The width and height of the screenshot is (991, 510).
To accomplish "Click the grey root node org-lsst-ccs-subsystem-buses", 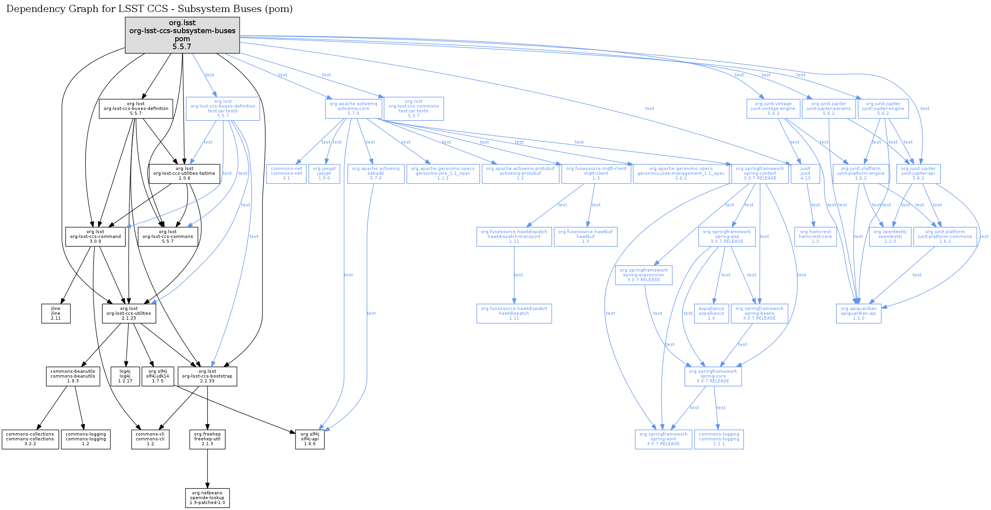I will coord(182,35).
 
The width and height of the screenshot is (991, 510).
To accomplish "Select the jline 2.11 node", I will coord(56,313).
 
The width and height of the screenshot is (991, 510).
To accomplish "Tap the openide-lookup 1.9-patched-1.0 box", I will coord(207,498).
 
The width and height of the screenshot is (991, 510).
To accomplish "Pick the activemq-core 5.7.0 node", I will coord(353,108).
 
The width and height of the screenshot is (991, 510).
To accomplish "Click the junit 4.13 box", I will coord(805,174).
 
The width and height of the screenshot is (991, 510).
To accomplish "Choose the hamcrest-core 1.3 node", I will coord(815,236).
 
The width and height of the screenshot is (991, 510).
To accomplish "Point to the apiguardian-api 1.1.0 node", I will coord(858,313).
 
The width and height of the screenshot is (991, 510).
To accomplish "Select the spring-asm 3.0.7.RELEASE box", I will coord(663,439).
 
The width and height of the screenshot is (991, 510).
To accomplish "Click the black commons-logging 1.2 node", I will coord(86,439).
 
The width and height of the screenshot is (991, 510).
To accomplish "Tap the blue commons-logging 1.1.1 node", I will coord(719,439).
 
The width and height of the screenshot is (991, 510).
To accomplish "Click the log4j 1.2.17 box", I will coord(125,376).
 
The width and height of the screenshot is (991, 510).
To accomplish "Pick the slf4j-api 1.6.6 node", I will coord(310,439).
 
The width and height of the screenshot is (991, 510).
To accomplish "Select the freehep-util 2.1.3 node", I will coord(207,439).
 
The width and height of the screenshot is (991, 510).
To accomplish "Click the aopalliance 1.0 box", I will coord(711,313).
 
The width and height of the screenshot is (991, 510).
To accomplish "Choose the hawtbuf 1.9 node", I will coord(585,236).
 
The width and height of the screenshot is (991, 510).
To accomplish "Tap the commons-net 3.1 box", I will coord(286,174).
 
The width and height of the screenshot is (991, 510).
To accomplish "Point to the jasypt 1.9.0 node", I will coord(324,174).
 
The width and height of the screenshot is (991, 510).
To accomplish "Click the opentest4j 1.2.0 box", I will coord(890,236).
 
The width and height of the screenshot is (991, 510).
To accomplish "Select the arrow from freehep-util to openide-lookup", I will coord(207,468).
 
